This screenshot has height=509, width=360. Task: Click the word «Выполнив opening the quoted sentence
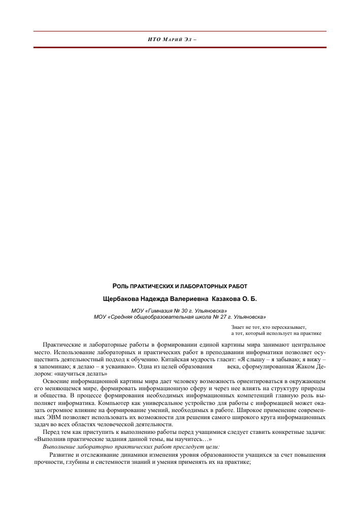coord(50,439)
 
